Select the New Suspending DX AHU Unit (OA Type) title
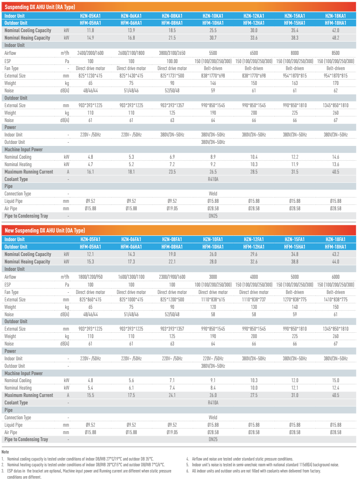click(45, 230)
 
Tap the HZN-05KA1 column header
click(90, 16)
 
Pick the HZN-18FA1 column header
click(335, 239)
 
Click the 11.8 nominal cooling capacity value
click(90, 31)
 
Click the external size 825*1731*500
click(172, 76)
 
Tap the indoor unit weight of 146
click(213, 83)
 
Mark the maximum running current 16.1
click(90, 172)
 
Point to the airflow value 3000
click(213, 277)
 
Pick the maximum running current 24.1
click(172, 395)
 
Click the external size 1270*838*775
click(294, 300)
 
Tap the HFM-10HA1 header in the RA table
click(213, 23)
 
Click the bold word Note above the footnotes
click(5, 452)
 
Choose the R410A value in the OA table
click(213, 403)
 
